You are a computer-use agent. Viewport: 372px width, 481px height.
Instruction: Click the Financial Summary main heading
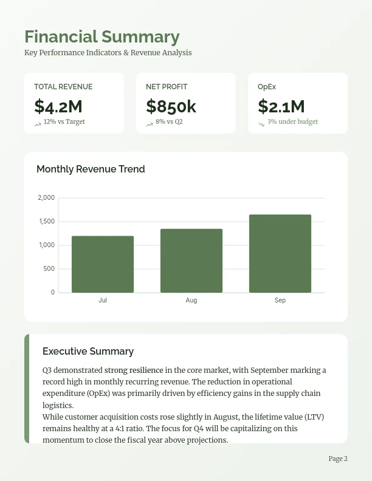102,37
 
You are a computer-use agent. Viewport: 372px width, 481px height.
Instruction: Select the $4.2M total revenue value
58,106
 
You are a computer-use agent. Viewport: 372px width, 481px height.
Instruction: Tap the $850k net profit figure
171,106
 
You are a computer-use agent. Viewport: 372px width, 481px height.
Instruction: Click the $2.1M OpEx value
281,106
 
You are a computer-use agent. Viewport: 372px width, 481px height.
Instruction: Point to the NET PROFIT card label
167,87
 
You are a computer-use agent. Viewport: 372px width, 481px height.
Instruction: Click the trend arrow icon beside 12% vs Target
38,124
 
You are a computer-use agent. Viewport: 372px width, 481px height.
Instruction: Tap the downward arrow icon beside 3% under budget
261,124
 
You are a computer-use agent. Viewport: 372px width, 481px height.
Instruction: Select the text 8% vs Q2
169,121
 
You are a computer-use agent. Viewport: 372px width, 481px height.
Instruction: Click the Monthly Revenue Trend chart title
91,169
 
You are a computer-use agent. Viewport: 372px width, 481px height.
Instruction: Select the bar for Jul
103,264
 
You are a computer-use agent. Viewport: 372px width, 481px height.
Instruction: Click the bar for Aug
191,261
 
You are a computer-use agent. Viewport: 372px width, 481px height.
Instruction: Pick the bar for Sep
280,253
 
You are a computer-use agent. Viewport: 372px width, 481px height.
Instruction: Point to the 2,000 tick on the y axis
46,198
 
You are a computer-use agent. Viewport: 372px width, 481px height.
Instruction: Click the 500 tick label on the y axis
49,269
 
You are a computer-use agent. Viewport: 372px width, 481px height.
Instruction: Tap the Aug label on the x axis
191,301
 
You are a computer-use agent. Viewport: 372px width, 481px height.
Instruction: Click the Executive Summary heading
88,352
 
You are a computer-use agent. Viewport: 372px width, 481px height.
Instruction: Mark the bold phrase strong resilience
134,370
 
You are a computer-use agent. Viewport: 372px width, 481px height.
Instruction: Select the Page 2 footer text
338,459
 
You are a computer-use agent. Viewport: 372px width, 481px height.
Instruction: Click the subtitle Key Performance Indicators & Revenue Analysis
108,53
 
